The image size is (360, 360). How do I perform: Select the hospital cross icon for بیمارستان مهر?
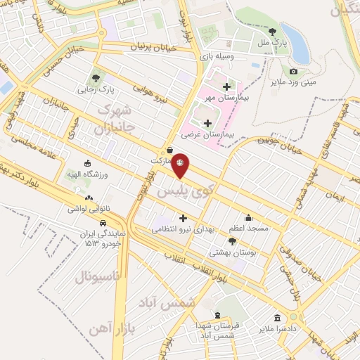pyautogui.click(x=226, y=86)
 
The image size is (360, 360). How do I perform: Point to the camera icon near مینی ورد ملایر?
pyautogui.click(x=293, y=71)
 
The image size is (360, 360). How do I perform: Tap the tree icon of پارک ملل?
pyautogui.click(x=272, y=31)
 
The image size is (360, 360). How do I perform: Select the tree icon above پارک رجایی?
pyautogui.click(x=96, y=77)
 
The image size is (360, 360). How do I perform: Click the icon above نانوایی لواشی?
pyautogui.click(x=88, y=198)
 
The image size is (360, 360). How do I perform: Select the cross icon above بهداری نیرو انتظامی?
pyautogui.click(x=184, y=218)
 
